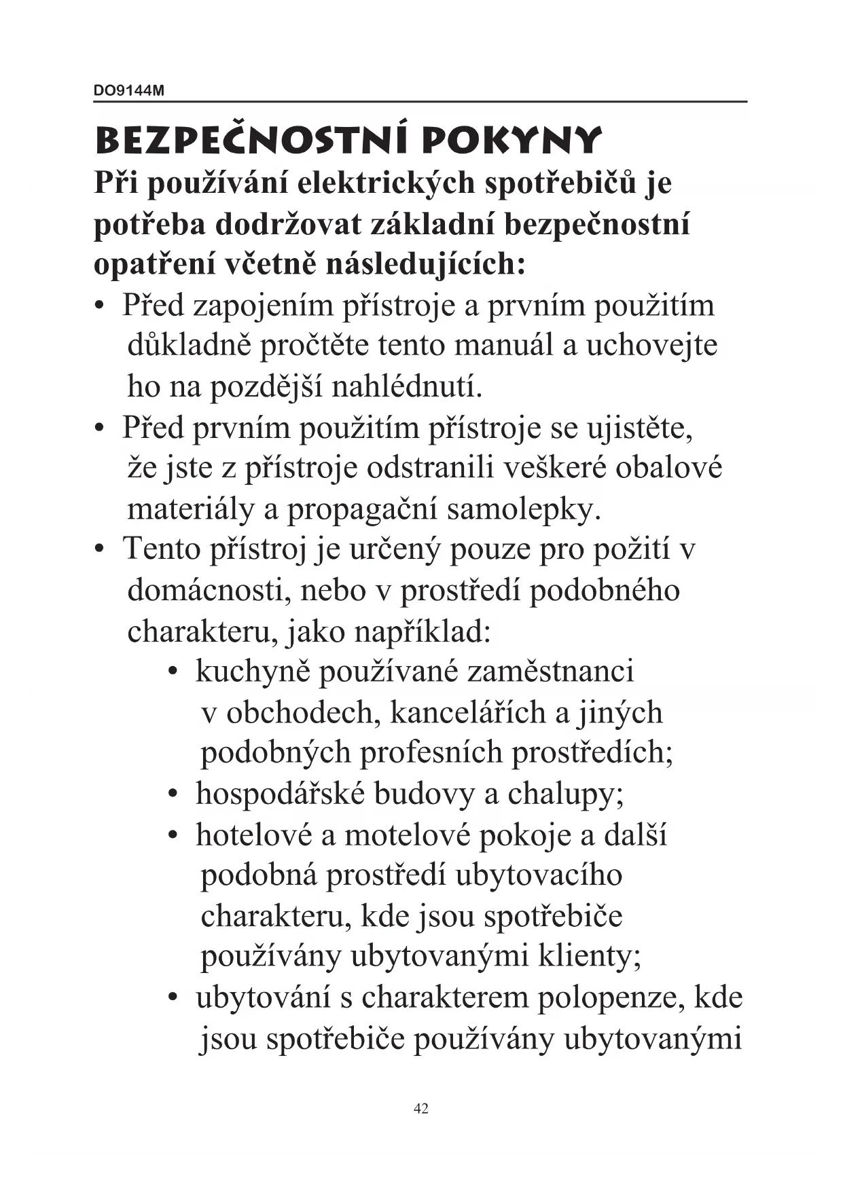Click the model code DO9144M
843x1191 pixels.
point(128,91)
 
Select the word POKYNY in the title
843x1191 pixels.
point(511,140)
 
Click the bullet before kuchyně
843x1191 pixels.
point(175,672)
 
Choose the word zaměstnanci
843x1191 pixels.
point(551,672)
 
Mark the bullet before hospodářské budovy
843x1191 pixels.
point(175,794)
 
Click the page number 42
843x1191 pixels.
point(420,1109)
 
